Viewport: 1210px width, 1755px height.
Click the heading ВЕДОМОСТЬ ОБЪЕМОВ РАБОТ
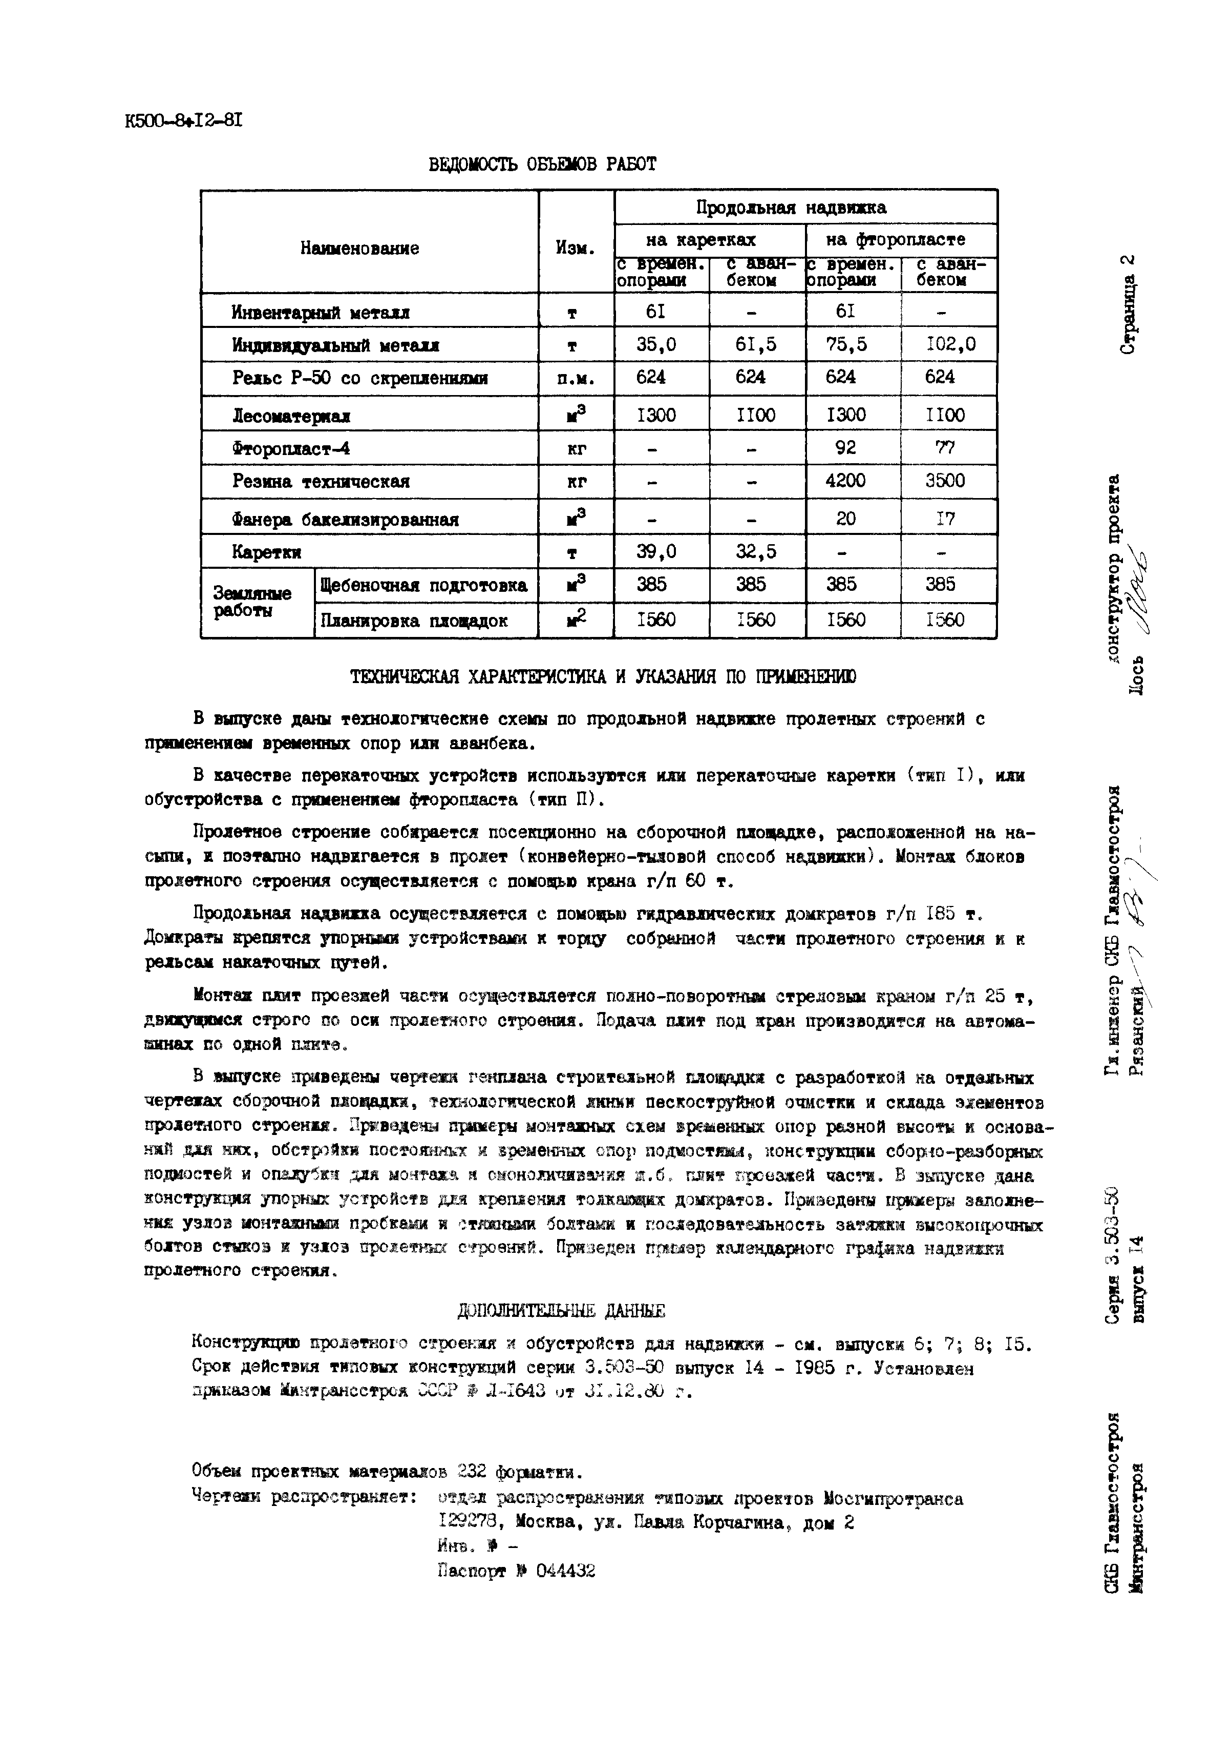542,164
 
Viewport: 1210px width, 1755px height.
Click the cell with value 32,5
755,551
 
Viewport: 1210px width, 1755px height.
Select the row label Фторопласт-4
291,448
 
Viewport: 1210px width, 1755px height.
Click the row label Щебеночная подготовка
424,586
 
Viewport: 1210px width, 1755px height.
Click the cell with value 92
845,447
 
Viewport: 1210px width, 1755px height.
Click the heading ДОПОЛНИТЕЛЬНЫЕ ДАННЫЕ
561,1311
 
